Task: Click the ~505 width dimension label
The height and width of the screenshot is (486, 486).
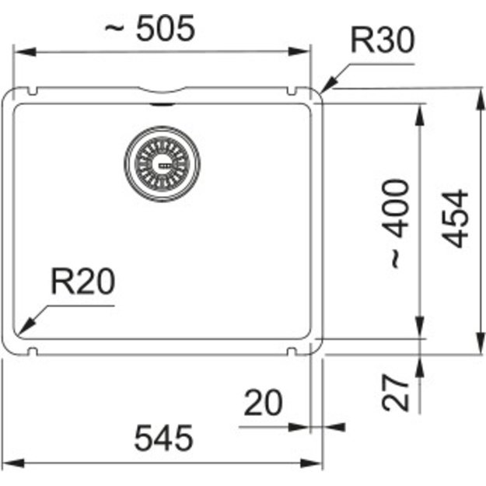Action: coord(150,28)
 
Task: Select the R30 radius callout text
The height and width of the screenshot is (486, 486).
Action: coord(382,40)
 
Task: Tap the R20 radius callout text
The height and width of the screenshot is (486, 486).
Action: coord(82,281)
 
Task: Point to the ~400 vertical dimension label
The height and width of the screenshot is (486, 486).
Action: coord(396,224)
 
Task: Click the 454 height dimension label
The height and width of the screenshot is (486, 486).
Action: coord(455,219)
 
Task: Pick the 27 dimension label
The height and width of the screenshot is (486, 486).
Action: coord(396,393)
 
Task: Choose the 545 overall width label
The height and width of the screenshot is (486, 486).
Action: coord(163,438)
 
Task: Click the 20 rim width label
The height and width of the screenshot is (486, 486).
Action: coord(263,402)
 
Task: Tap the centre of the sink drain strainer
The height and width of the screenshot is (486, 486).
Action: coord(162,164)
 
